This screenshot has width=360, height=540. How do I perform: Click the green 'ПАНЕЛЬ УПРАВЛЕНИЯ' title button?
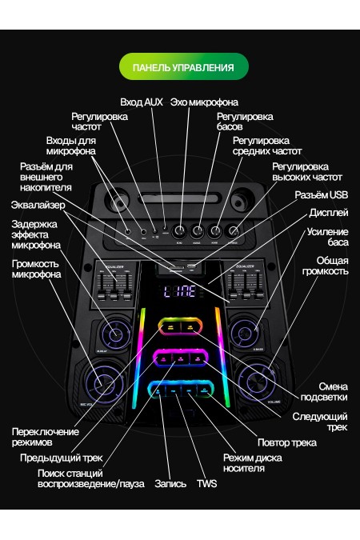pos(183,67)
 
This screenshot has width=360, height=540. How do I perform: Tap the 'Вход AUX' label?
pos(141,102)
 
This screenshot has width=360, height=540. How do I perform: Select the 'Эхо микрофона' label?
pos(204,102)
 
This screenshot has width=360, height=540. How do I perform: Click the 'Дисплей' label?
pos(329,214)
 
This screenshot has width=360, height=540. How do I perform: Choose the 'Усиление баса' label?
pos(327,238)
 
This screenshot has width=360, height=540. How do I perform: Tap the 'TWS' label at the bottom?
pos(206,483)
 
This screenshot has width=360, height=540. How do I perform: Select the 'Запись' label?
pos(170,483)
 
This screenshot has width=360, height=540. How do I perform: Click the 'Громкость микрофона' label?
pos(36,269)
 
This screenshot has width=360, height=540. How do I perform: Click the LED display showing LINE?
pos(180,294)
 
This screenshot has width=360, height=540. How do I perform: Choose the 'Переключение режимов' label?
pos(45,437)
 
